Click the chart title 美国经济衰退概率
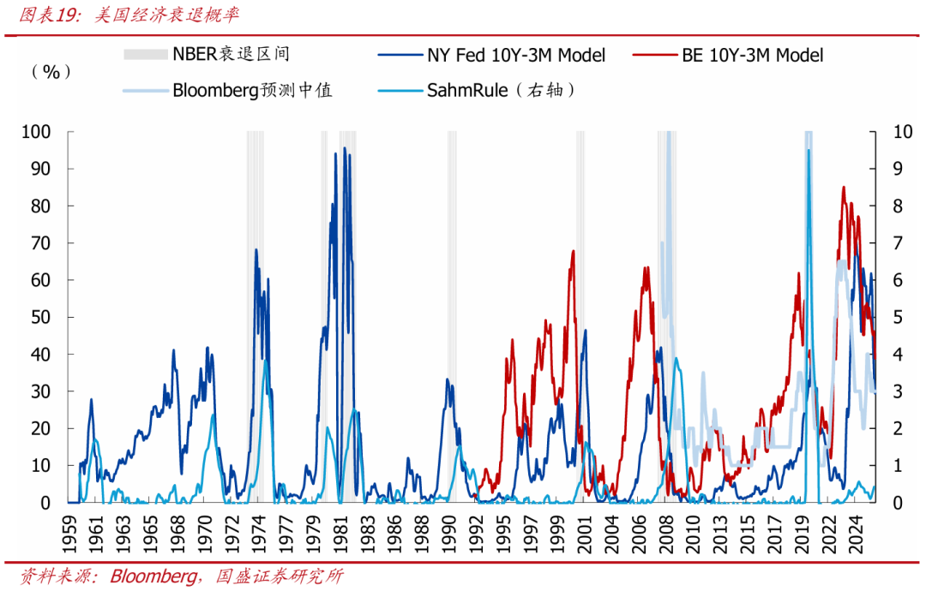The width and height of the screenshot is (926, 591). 167,15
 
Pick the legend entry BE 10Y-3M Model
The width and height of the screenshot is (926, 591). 752,56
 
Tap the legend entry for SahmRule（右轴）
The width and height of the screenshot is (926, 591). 500,90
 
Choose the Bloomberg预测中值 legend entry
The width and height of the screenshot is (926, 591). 252,90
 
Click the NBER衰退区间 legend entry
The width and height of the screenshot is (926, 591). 231,55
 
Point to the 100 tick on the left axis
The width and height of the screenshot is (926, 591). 39,132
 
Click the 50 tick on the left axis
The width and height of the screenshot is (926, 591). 42,317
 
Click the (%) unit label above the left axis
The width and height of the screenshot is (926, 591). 51,72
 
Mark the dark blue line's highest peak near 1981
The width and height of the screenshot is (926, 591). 345,148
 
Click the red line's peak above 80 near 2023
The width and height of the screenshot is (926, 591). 844,187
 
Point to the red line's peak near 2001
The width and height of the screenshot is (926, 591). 573,251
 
